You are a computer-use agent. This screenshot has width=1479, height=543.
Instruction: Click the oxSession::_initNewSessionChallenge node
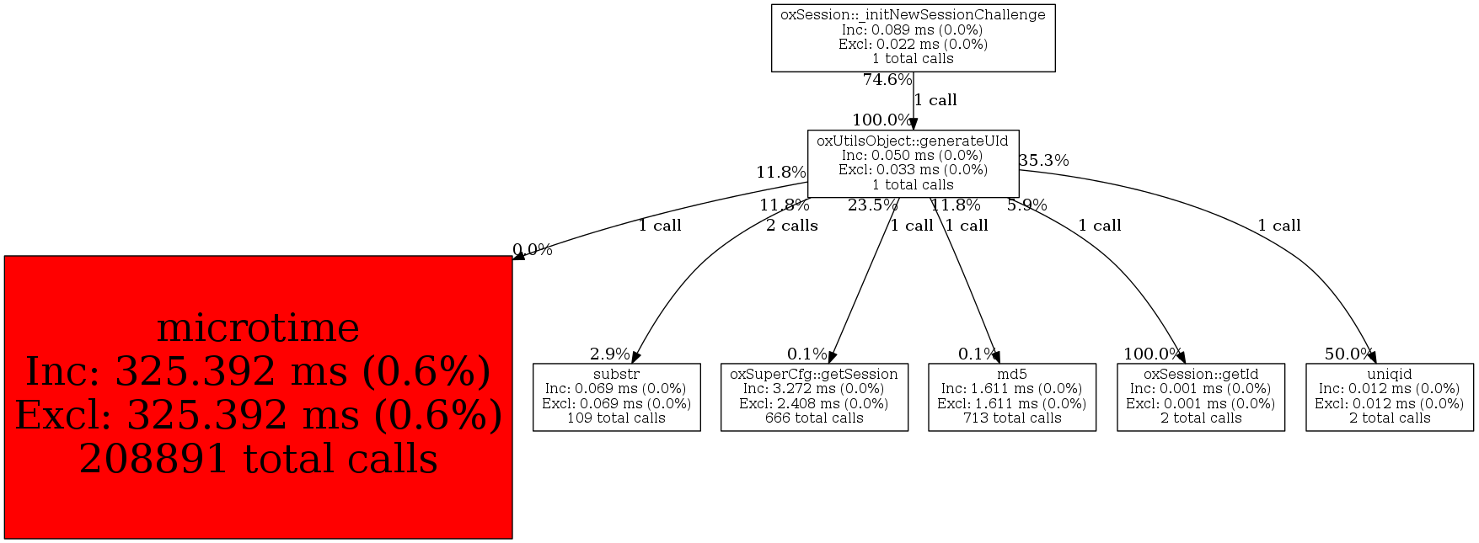click(x=913, y=38)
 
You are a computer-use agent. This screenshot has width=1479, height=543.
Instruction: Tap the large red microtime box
click(x=258, y=397)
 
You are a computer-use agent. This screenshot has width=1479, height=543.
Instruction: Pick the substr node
click(x=616, y=397)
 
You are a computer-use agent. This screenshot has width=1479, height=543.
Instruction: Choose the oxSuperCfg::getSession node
click(x=814, y=397)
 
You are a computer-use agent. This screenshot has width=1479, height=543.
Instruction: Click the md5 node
click(x=1011, y=397)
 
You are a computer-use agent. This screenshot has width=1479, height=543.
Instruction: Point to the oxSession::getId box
click(x=1200, y=397)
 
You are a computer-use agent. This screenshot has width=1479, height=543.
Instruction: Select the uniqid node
click(x=1389, y=397)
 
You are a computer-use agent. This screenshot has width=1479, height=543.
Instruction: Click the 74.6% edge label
click(x=887, y=80)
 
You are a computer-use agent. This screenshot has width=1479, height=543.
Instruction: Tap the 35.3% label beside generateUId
click(x=1043, y=160)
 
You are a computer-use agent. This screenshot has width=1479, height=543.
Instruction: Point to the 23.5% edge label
click(x=872, y=205)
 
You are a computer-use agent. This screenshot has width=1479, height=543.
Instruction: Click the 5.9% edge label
click(x=1026, y=205)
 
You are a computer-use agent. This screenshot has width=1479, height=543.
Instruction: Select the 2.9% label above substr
click(x=609, y=354)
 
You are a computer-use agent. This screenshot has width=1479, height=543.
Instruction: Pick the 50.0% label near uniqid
click(x=1348, y=354)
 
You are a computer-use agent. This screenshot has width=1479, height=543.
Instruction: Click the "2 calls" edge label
click(x=791, y=226)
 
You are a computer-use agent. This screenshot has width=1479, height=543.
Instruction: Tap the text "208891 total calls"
click(x=258, y=459)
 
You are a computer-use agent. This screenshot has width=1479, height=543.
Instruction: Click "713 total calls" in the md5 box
click(x=1011, y=418)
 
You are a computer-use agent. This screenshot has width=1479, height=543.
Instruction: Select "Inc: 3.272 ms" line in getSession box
click(x=814, y=389)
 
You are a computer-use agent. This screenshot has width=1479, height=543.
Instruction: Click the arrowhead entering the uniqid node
click(x=1371, y=357)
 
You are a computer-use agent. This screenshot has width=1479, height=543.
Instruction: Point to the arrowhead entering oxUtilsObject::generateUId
click(x=913, y=124)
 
